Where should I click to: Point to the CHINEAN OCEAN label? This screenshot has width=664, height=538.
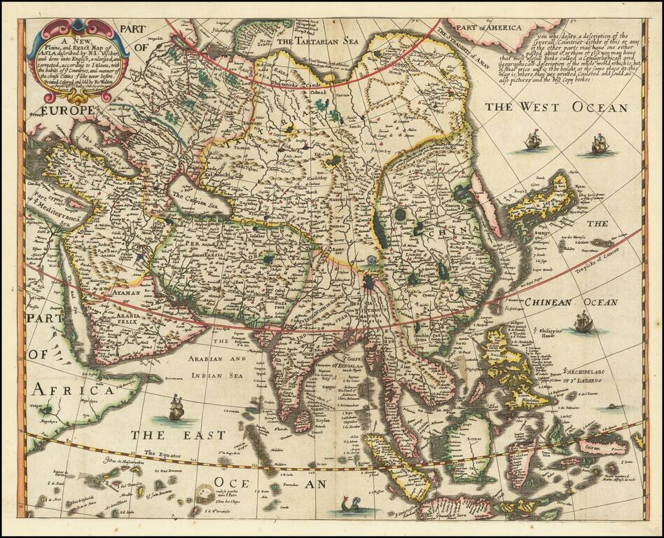[x=571, y=302]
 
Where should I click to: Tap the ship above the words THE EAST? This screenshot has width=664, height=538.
[x=175, y=407]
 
